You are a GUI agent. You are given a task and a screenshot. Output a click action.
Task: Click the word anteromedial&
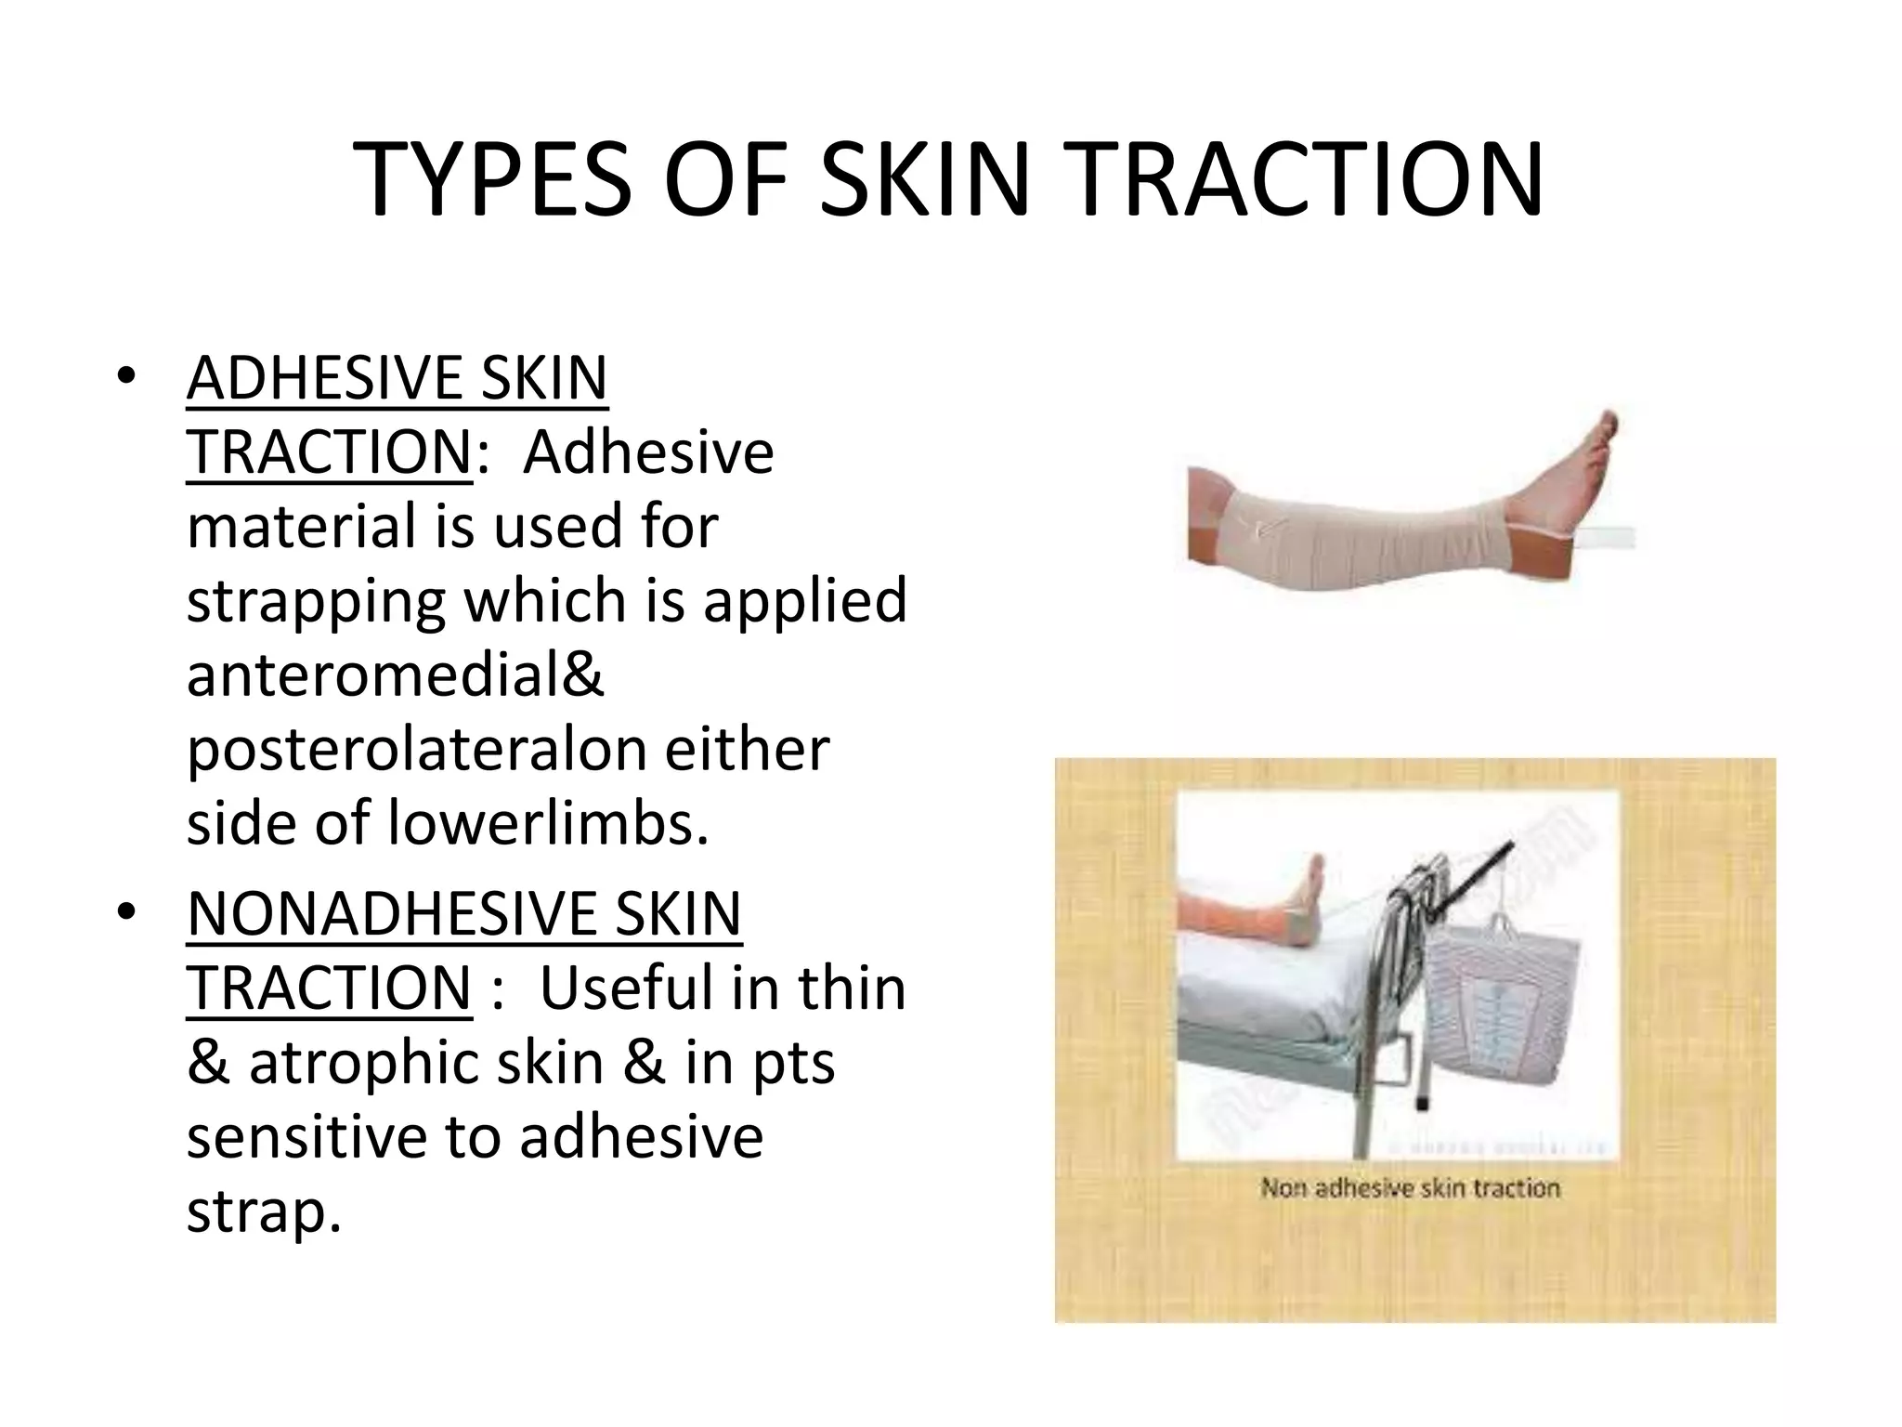[x=396, y=674]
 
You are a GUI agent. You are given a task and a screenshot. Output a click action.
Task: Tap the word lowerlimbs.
[x=548, y=823]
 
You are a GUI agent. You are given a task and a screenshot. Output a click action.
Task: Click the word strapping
[x=316, y=600]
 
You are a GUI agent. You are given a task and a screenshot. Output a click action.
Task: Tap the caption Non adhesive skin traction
[x=1410, y=1188]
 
